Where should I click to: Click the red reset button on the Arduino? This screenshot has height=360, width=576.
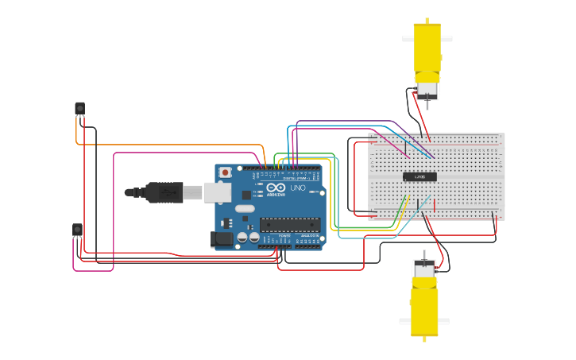coord(226,172)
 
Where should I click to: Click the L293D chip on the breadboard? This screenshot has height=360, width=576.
coord(419,176)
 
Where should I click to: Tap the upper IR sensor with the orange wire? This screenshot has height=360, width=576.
coord(79,107)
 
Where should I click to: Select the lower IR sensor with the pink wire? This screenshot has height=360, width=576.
coord(77,230)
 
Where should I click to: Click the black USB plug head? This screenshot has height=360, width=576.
coord(163,192)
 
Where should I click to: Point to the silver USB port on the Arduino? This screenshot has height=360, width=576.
coord(217,192)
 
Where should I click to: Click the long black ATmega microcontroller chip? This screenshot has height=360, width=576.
coord(289,224)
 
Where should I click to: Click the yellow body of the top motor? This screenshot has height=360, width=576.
coord(427,51)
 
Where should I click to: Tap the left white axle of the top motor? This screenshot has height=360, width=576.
coord(408,38)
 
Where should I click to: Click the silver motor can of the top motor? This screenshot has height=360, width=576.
coord(427,89)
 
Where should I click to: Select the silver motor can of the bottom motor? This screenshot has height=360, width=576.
coord(423,269)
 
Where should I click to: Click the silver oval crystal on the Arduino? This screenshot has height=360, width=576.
coord(245,209)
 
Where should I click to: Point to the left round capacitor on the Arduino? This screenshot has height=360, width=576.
coord(242,237)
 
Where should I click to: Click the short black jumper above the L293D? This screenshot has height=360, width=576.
coord(405,149)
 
